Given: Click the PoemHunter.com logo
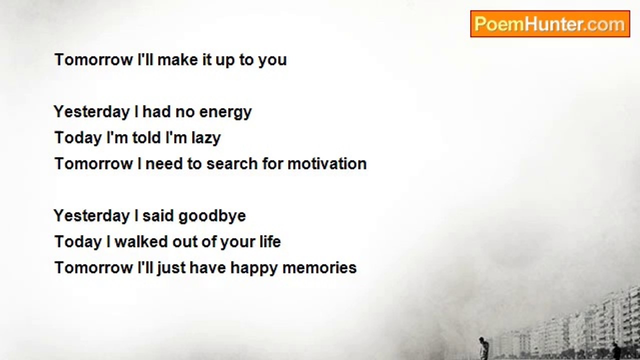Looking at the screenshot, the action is click(550, 24).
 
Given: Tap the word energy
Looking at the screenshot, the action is click(225, 112).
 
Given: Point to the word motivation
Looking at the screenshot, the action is click(327, 164).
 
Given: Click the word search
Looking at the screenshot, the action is click(232, 164).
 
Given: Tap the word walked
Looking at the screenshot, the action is click(141, 242).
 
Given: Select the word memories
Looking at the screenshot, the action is click(319, 268).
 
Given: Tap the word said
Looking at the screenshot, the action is click(158, 216).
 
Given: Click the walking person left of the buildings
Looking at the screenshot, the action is click(483, 348).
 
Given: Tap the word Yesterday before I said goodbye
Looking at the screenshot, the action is click(91, 216).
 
